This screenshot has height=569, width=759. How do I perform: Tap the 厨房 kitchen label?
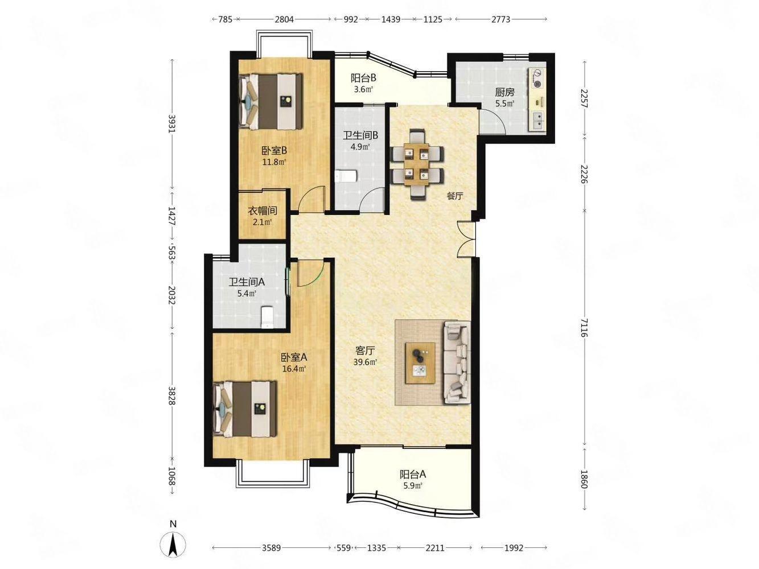click(504, 92)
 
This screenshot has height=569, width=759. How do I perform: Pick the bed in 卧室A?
click(245, 409)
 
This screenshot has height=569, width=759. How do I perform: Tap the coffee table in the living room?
click(420, 362)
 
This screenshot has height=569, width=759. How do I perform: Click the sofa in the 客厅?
click(457, 362)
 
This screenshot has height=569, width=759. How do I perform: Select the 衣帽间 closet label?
click(262, 211)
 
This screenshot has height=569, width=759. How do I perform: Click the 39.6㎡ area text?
click(365, 362)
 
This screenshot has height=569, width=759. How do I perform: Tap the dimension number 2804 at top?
click(284, 19)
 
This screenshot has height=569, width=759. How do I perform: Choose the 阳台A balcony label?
click(413, 474)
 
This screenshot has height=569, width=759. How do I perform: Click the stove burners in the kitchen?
click(538, 78)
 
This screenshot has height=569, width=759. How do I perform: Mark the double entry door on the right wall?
click(466, 239)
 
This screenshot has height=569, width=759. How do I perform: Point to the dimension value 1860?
click(584, 479)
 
